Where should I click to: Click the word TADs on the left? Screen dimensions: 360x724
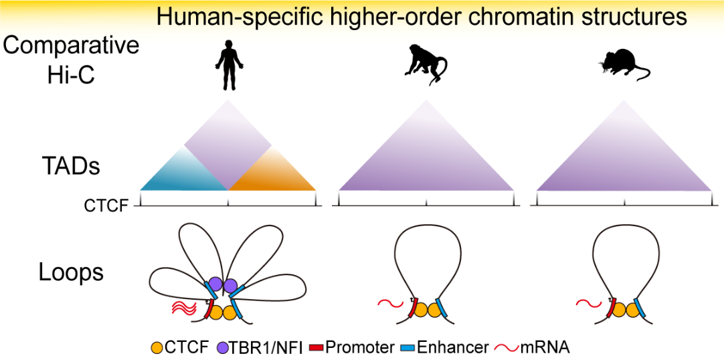point(70,165)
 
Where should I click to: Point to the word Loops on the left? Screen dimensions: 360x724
point(71,272)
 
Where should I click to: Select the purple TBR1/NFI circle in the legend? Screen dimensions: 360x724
point(223,347)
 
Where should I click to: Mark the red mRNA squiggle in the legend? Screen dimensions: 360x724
point(506,347)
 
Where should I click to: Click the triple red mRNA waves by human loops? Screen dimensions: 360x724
point(182,308)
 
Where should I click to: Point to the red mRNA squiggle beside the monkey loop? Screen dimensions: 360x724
point(389,304)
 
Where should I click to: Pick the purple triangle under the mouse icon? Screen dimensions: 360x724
point(624,161)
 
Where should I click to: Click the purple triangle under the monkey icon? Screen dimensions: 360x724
point(426,161)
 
